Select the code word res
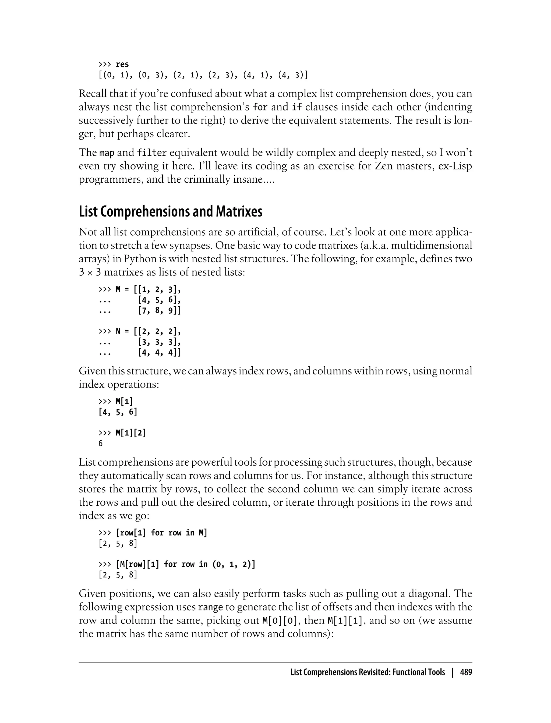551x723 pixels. [122, 64]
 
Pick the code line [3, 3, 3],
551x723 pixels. [159, 342]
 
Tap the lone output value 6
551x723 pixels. [101, 443]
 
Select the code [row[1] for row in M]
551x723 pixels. [161, 533]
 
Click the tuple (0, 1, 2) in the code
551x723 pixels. [233, 564]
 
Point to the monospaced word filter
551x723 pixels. [152, 153]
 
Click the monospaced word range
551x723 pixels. [210, 607]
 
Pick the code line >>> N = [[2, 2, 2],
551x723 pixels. [139, 331]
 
